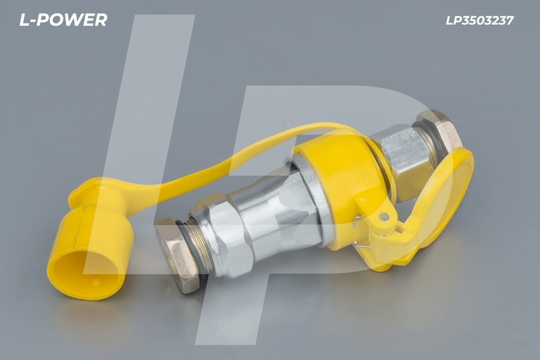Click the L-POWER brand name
pyautogui.click(x=63, y=20)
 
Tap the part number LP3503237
pyautogui.click(x=479, y=20)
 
